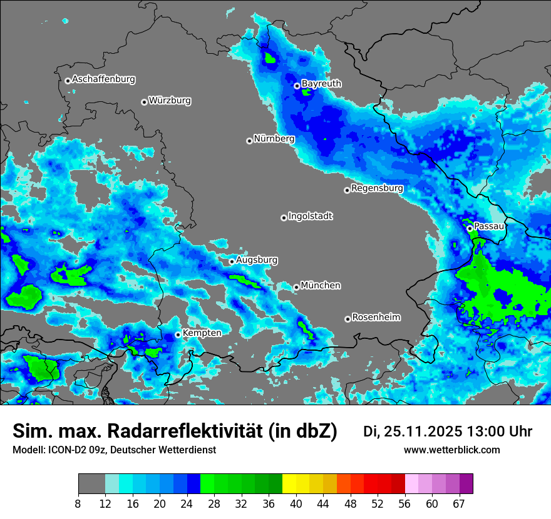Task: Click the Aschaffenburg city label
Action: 103,79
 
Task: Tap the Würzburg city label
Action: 170,101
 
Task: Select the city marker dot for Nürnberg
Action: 249,141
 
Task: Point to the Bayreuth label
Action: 321,84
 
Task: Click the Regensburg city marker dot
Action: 347,190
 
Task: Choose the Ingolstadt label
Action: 310,216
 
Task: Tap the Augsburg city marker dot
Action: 232,261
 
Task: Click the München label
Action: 321,286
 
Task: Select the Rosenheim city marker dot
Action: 348,319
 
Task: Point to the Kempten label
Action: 202,333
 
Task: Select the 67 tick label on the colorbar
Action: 459,504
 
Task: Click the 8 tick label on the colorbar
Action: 78,504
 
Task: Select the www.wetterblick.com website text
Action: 451,450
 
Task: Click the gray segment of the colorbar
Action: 91,484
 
